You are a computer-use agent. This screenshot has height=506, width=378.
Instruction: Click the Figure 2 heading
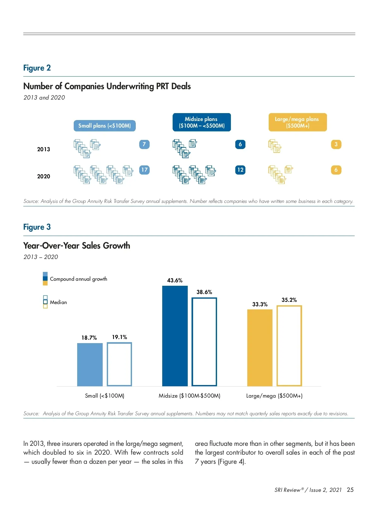37,68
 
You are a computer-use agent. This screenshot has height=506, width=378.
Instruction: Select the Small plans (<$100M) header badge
105,126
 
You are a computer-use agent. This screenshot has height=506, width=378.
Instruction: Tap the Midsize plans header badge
202,122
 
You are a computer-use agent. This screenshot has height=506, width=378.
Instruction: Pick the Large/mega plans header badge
297,122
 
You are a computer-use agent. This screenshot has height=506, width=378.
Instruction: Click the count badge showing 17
144,170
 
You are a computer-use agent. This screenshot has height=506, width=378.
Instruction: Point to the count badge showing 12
240,170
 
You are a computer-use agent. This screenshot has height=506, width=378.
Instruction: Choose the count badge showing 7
144,144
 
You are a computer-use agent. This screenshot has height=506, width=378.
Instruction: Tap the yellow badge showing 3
336,144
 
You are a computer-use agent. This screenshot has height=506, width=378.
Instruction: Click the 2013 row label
43,149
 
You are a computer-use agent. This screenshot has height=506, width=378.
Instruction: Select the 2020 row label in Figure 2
43,176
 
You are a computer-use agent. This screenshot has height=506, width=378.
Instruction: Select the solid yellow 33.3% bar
260,348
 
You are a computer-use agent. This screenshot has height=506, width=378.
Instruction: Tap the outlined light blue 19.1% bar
119,364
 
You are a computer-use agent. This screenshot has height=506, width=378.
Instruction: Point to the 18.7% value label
89,338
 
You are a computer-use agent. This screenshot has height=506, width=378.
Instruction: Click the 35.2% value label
289,300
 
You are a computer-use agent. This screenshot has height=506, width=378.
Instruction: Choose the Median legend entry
58,302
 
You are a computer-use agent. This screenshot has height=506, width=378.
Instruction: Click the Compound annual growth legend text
78,279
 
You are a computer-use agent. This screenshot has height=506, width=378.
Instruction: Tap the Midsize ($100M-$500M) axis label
189,396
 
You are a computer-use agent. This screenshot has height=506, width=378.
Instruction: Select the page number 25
350,490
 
